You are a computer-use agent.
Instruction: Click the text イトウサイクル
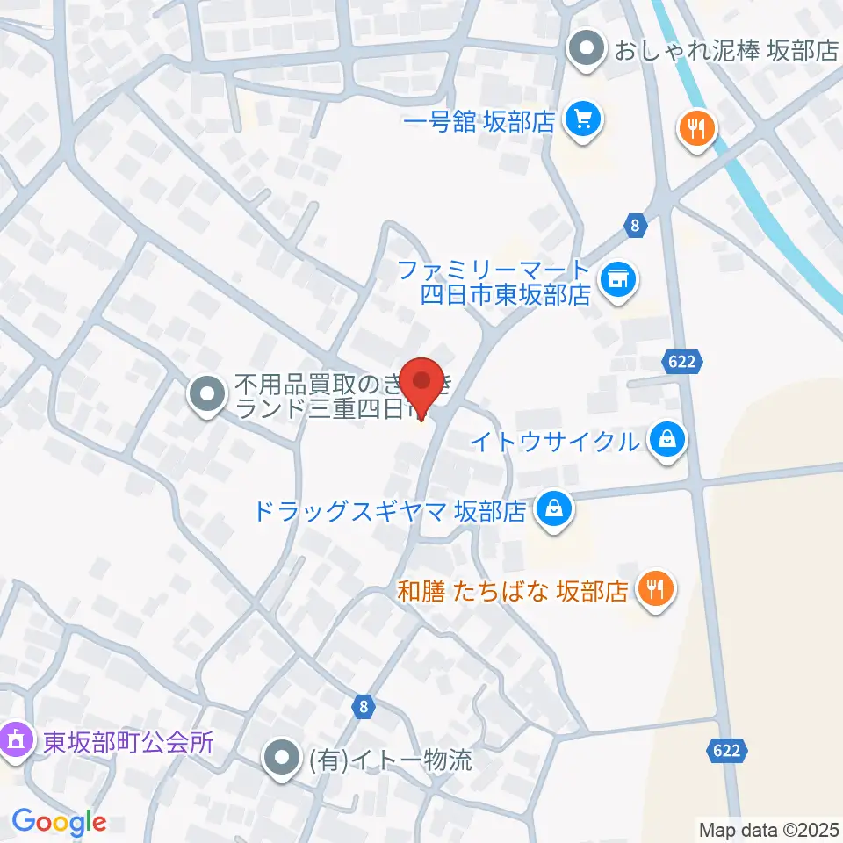pos(555,440)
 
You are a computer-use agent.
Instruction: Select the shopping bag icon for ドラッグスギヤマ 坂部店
pos(554,509)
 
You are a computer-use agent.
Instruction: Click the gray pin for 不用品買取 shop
pos(207,394)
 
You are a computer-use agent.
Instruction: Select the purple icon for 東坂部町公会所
pos(17,740)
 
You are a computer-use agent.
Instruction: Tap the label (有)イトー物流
pos(390,759)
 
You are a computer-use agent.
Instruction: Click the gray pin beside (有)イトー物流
pos(283,759)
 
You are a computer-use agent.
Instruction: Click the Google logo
pos(60,823)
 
